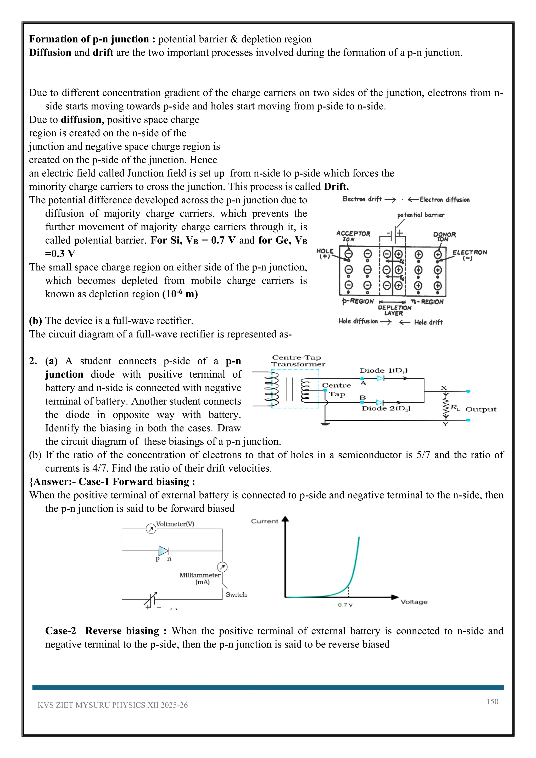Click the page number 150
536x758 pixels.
tap(492, 701)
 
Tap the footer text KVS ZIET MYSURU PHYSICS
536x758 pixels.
tap(112, 705)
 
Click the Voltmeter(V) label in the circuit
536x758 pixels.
tap(175, 524)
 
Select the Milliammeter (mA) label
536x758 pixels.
tap(200, 578)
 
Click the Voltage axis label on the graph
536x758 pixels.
tap(414, 602)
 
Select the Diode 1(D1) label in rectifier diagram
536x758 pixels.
tap(383, 370)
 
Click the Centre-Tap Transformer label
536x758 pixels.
tap(298, 361)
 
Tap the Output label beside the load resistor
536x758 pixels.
tap(481, 409)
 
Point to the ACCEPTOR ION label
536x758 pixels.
tap(353, 236)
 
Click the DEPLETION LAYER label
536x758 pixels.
tap(394, 310)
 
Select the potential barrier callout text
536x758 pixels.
tap(421, 215)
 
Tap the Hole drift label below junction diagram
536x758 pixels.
tap(428, 322)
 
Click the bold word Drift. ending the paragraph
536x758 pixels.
tap(336, 187)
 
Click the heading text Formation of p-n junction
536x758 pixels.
tap(89, 39)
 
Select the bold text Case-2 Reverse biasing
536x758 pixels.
tap(102, 631)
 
